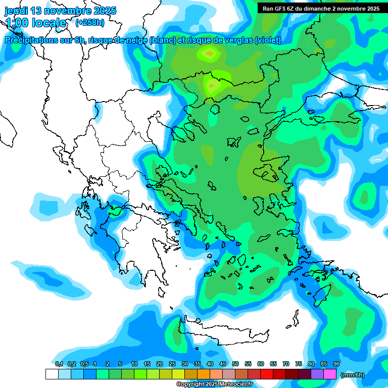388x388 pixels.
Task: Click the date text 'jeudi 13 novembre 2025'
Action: tap(60, 11)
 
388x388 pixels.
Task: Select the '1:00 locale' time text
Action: tap(35, 23)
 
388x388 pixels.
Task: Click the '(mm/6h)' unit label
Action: tap(353, 375)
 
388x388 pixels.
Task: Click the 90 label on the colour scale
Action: tap(336, 364)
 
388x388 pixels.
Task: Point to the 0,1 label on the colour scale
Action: tap(59, 364)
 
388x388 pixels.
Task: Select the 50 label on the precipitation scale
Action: tap(235, 364)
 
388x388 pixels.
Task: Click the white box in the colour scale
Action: tap(52, 374)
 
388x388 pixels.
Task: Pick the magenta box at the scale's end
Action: tap(330, 374)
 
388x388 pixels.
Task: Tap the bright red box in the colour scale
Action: tap(267, 374)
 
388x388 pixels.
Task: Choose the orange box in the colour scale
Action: tap(204, 374)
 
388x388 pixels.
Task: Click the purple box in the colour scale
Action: tap(317, 374)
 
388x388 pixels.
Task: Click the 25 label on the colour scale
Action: tap(172, 364)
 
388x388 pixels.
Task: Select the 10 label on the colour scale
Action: tap(134, 364)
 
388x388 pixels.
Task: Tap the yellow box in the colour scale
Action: tap(178, 374)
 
